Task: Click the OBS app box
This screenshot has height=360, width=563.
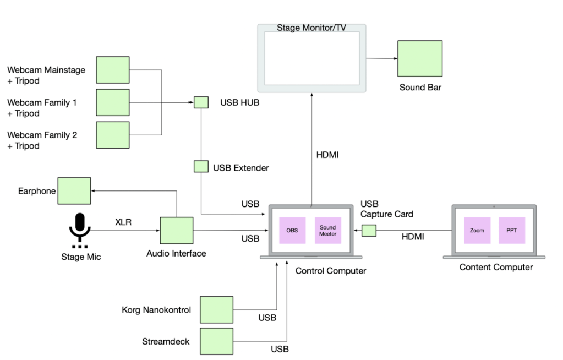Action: (x=292, y=231)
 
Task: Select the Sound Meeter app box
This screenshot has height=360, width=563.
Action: (x=327, y=231)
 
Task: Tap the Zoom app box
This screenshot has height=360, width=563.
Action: (x=477, y=231)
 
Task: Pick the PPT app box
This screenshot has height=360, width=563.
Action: (x=512, y=231)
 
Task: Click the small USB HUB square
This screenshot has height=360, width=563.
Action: (x=201, y=102)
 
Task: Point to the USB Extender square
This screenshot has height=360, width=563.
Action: (x=201, y=166)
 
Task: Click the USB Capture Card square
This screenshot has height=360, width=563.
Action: (x=369, y=231)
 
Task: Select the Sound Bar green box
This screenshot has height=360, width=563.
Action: (x=420, y=58)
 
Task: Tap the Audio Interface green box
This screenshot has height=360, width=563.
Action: (x=176, y=231)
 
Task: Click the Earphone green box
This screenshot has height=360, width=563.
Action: (x=74, y=190)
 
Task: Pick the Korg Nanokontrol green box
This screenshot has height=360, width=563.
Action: (x=216, y=310)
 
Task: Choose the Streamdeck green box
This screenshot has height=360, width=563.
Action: (x=216, y=341)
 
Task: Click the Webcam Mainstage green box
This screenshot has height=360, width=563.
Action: (x=113, y=70)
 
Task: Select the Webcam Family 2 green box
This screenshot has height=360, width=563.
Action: (x=113, y=135)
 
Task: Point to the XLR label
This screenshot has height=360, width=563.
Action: (x=123, y=223)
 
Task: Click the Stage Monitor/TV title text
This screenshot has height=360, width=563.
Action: (x=311, y=28)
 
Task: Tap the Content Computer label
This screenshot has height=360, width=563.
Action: (x=496, y=268)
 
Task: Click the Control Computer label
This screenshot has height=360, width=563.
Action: (x=330, y=271)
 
